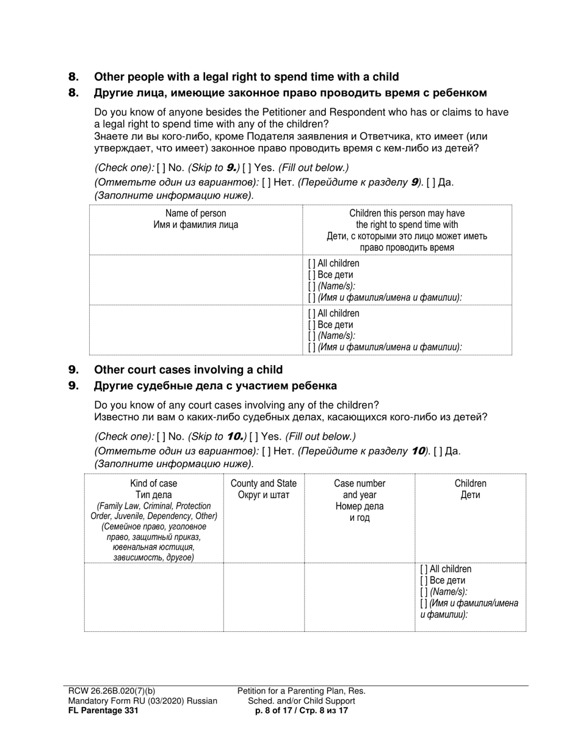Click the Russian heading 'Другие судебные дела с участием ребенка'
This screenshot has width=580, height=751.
pos(215,386)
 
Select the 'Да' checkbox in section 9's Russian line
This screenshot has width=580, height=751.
pos(438,451)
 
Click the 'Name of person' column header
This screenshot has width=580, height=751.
pos(195,213)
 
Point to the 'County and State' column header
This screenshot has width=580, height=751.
pos(263,484)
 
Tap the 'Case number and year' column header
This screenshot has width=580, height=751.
pos(360,488)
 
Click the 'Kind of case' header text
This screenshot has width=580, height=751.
pos(154,484)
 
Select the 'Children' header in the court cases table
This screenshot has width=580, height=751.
pos(470,484)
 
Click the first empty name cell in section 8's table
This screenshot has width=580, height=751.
pos(195,280)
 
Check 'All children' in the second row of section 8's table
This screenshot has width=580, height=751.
pos(312,314)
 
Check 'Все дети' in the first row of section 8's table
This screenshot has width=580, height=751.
pos(312,275)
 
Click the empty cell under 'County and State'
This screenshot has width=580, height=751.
pos(263,597)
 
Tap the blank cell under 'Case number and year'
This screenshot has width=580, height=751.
pos(360,597)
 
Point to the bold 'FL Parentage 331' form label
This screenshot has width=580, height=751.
pos(103,711)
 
